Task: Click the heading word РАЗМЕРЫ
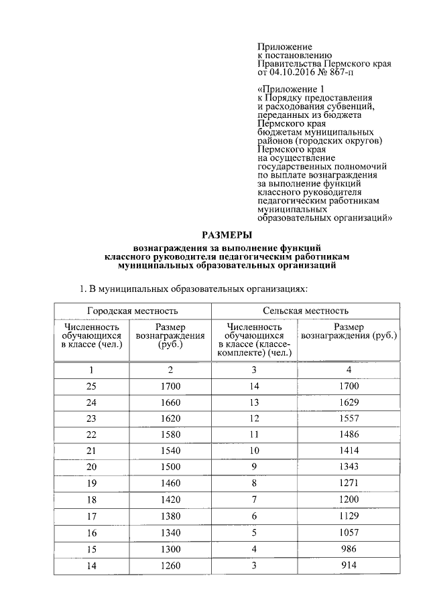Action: (227, 235)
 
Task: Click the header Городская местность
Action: (132, 311)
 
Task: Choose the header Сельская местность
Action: (306, 311)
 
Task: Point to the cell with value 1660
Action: (171, 402)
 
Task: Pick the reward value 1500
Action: (171, 467)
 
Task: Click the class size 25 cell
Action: (92, 386)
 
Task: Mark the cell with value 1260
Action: (171, 565)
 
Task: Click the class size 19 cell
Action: (92, 483)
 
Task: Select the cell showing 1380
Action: (171, 516)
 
